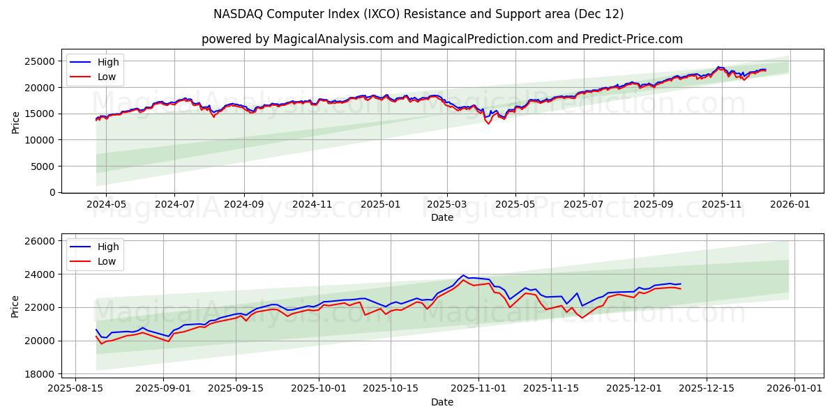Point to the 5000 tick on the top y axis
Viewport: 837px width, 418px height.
pyautogui.click(x=44, y=167)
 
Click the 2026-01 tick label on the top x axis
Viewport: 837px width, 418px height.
pyautogui.click(x=790, y=204)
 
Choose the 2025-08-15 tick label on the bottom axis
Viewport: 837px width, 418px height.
pyautogui.click(x=75, y=389)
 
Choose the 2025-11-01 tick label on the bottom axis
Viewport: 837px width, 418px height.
pyautogui.click(x=478, y=389)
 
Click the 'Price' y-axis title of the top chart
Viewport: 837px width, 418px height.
pyautogui.click(x=16, y=123)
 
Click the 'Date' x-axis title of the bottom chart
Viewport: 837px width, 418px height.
pyautogui.click(x=442, y=402)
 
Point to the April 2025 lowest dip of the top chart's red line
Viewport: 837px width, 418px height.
pyautogui.click(x=488, y=123)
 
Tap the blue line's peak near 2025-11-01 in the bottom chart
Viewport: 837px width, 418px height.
pyautogui.click(x=463, y=275)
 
